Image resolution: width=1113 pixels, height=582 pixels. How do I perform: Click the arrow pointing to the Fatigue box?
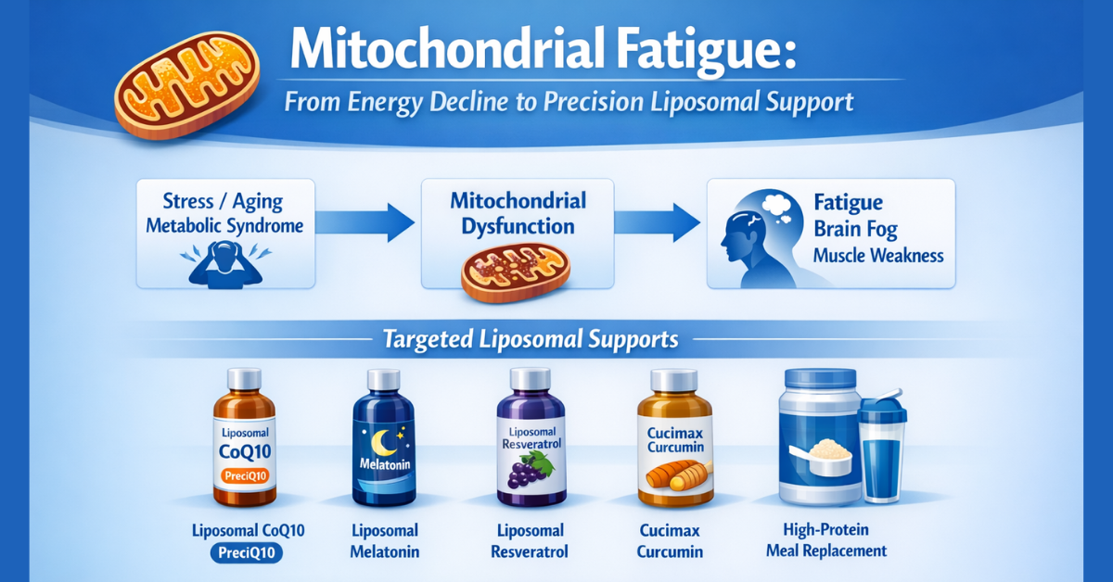pyautogui.click(x=657, y=222)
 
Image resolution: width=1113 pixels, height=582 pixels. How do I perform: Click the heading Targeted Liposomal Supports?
pyautogui.click(x=530, y=339)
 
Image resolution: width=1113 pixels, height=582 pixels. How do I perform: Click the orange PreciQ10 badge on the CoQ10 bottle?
pyautogui.click(x=245, y=475)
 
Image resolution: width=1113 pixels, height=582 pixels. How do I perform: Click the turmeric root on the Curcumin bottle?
pyautogui.click(x=674, y=479)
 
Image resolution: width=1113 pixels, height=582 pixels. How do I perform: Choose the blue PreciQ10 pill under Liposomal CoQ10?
pyautogui.click(x=245, y=553)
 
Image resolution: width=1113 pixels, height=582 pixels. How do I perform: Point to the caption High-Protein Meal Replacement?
pyautogui.click(x=825, y=540)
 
